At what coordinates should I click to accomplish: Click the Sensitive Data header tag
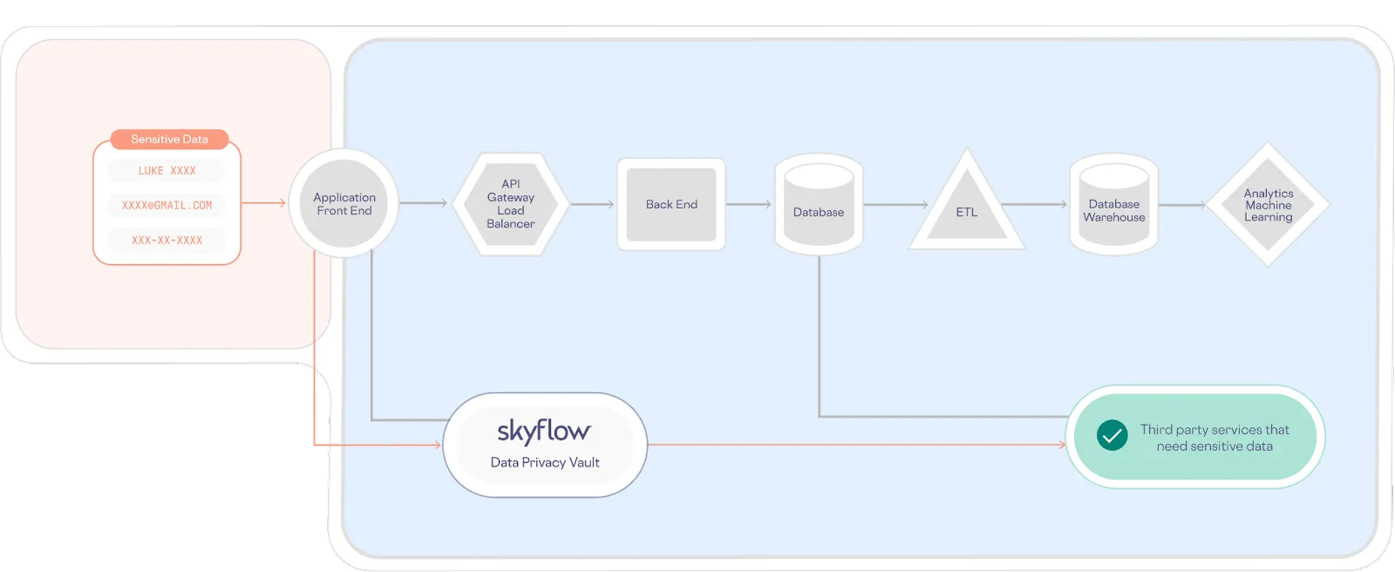click(x=169, y=140)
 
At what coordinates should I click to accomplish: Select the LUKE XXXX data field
click(x=167, y=171)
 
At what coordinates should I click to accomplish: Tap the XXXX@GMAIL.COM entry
click(x=167, y=206)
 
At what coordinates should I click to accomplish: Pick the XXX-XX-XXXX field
click(x=167, y=241)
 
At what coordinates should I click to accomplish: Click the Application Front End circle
click(x=344, y=204)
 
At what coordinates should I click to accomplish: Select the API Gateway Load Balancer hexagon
click(x=511, y=204)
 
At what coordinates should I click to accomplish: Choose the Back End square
click(x=671, y=204)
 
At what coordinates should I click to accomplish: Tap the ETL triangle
click(x=966, y=208)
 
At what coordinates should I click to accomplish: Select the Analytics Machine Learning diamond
click(x=1269, y=205)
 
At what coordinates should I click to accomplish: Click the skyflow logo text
click(x=544, y=431)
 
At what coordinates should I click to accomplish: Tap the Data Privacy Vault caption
click(x=545, y=463)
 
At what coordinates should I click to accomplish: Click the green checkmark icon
click(x=1112, y=435)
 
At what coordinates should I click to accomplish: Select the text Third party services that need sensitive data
click(x=1215, y=438)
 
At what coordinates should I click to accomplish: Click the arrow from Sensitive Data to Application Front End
click(x=263, y=203)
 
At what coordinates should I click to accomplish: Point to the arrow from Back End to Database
click(x=749, y=204)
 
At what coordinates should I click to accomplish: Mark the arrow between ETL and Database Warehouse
click(x=1034, y=204)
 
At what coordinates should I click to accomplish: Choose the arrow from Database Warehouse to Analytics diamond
click(x=1181, y=204)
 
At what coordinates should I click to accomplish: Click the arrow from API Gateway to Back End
click(x=593, y=204)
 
